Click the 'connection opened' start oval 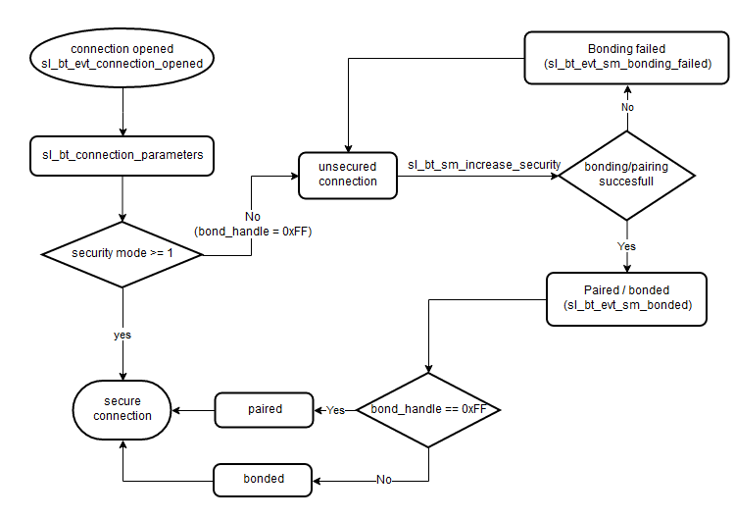122,57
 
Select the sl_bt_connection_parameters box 122,155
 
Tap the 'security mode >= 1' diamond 122,253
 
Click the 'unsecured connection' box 348,174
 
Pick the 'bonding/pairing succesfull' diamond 626,175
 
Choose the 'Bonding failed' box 627,56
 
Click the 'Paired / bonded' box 627,298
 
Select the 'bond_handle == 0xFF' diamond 428,408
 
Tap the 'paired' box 264,408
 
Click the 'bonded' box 264,479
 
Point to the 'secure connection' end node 122,408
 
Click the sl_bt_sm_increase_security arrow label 483,164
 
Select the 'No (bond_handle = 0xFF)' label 251,224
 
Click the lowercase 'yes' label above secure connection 122,335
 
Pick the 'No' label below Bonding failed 627,106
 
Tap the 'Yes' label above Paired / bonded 627,245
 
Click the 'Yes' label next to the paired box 334,409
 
